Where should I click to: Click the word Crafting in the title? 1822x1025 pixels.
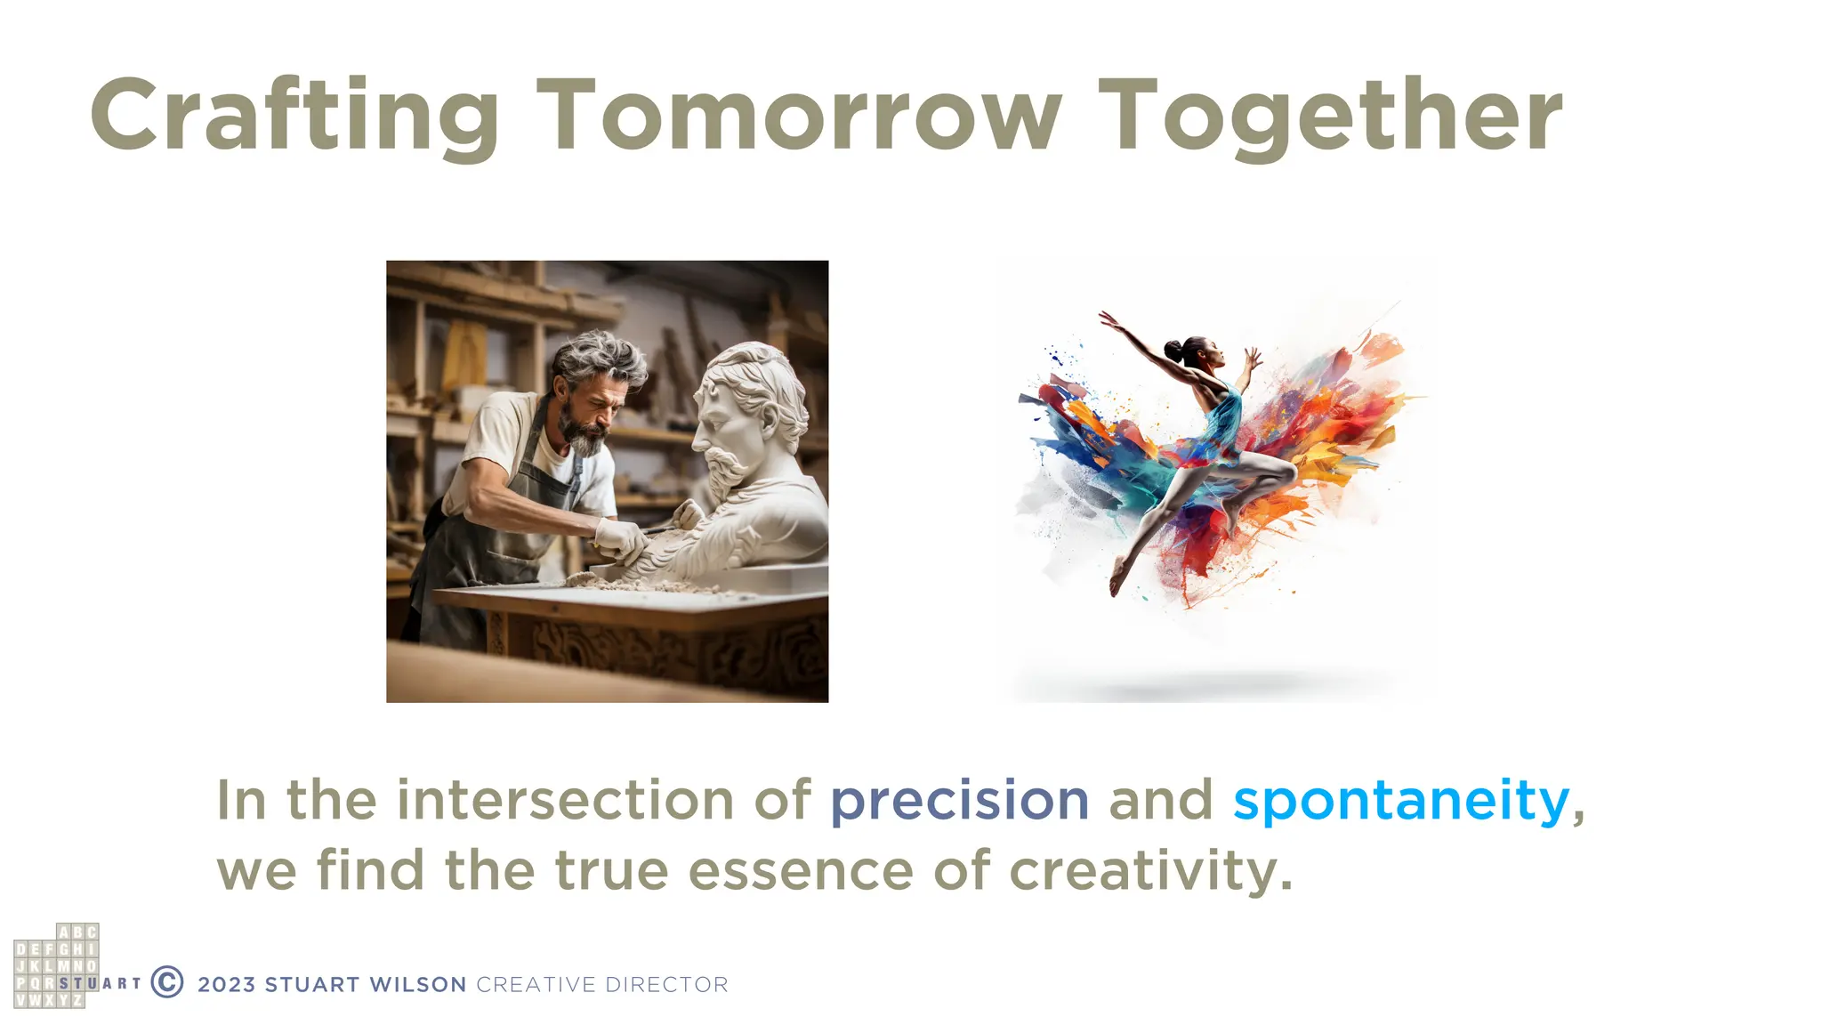coord(294,116)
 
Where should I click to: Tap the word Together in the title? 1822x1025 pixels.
coord(1329,116)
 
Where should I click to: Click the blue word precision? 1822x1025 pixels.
coord(959,800)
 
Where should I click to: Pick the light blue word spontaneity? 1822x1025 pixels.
coord(1401,800)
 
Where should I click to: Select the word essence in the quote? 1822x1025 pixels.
coord(801,869)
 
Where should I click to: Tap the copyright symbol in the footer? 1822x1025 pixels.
coord(167,982)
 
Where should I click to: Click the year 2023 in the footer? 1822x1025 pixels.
coord(226,984)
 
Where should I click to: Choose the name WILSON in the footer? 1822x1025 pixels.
coord(417,984)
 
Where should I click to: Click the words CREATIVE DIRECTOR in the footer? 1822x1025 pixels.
coord(602,984)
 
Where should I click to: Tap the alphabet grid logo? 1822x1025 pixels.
coord(55,966)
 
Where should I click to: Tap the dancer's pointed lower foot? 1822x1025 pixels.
coord(1117,583)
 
